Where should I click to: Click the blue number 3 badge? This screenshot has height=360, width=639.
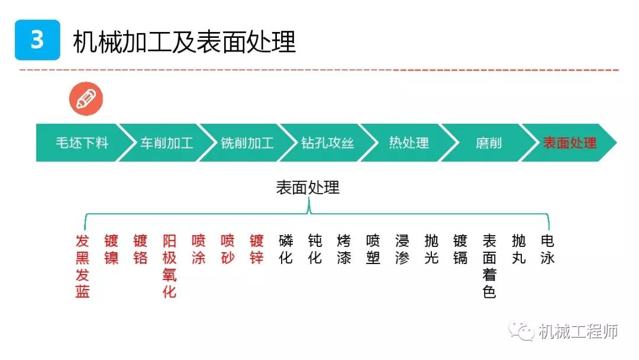(x=37, y=40)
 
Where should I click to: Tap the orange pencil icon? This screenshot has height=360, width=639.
(x=86, y=99)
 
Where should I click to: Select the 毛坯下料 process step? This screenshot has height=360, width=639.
(x=82, y=143)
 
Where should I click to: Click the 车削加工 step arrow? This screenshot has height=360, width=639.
(x=166, y=143)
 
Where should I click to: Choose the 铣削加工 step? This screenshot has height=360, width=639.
(x=247, y=143)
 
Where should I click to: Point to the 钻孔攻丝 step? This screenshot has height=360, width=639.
(x=327, y=143)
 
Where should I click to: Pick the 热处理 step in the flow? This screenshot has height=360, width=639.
(x=409, y=143)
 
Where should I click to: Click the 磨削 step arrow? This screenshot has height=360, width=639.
(x=489, y=143)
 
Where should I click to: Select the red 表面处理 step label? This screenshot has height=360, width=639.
(x=570, y=143)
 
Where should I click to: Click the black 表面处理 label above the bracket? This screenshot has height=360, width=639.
(x=308, y=188)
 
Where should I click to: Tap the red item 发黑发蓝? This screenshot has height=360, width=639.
(x=82, y=266)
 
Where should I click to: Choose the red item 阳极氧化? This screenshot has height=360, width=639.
(x=169, y=266)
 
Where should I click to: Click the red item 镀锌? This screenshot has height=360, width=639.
(x=257, y=249)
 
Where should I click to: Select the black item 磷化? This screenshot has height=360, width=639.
(x=286, y=249)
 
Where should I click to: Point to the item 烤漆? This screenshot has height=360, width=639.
(x=344, y=249)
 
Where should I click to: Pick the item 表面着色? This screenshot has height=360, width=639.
(x=489, y=266)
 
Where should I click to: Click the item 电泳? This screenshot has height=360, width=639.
(x=547, y=249)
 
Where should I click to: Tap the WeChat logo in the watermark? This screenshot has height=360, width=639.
(x=521, y=330)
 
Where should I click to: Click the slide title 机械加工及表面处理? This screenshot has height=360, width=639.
(x=184, y=41)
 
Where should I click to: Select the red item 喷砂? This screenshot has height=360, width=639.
(x=228, y=249)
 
